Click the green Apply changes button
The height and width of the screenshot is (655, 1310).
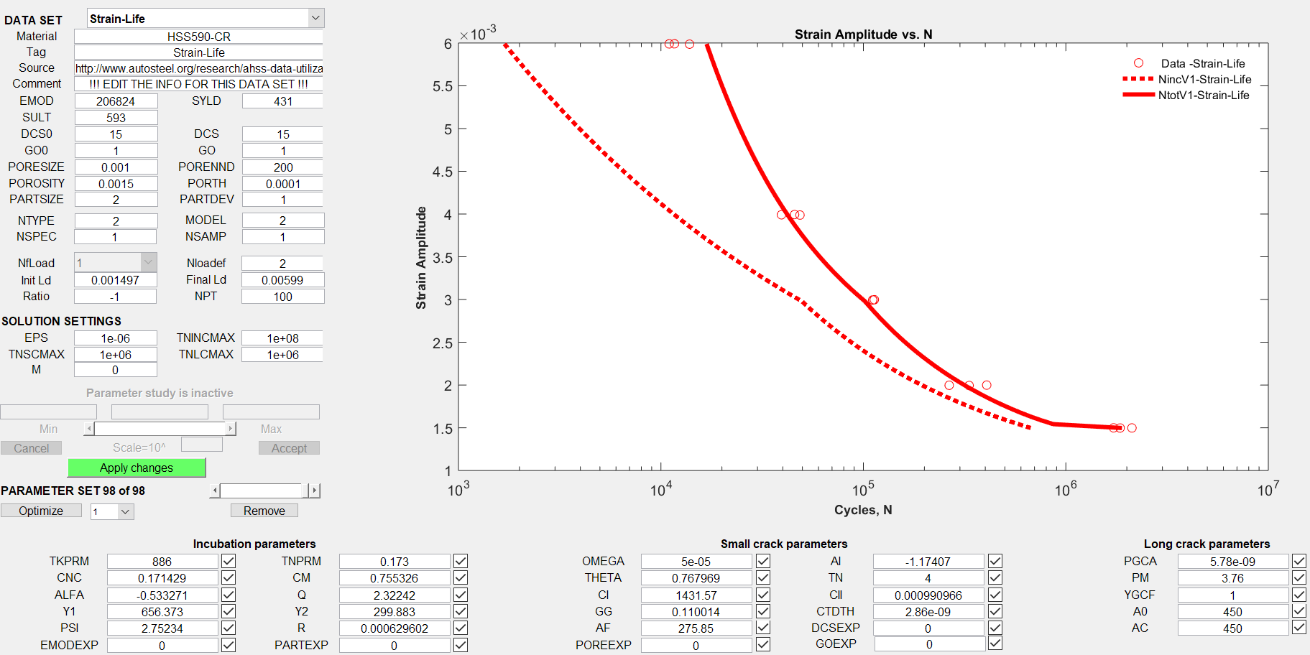pos(137,468)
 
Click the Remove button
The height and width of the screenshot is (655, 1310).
pos(264,511)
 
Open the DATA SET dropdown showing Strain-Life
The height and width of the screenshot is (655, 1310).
pos(206,19)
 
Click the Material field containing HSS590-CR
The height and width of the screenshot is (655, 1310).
pos(198,37)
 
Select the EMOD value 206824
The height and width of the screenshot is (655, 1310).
pos(116,101)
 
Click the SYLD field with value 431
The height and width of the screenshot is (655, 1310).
pos(282,101)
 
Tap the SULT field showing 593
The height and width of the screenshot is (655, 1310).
pos(116,118)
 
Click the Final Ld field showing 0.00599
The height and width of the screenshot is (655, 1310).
pos(282,280)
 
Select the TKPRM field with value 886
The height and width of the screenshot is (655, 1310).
pos(162,562)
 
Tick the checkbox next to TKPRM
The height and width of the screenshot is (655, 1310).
pos(229,561)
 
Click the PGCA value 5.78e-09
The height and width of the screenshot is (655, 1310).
pos(1232,562)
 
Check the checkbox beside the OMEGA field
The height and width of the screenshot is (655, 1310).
pos(763,561)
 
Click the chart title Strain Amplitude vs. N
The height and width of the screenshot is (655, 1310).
pos(863,34)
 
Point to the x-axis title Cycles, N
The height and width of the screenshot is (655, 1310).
pos(863,510)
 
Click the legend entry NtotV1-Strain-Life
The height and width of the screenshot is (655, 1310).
pos(1204,95)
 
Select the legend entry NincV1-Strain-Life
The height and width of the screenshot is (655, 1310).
pos(1204,79)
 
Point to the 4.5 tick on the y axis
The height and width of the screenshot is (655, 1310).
pos(442,172)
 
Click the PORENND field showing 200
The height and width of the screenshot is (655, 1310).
pos(282,167)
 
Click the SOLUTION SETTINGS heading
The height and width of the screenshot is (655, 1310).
pos(62,321)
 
